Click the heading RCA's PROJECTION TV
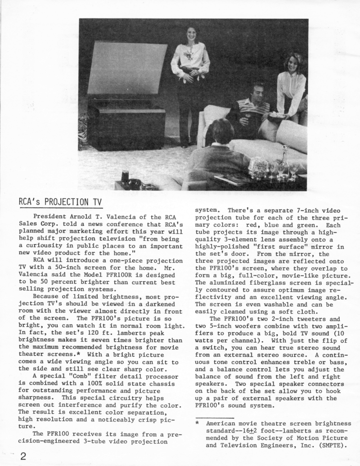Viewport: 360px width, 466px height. [60, 202]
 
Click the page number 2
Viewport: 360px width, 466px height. [23, 456]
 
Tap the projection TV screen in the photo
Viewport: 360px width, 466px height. [126, 68]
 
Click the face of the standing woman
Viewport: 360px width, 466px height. [191, 34]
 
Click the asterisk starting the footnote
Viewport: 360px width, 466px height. [197, 423]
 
